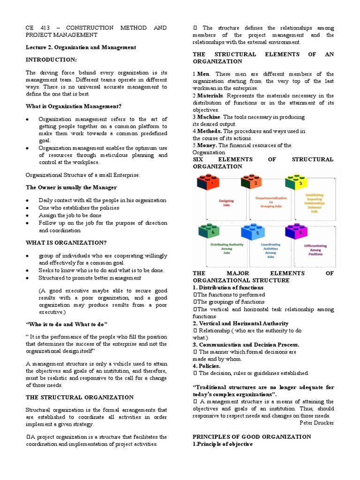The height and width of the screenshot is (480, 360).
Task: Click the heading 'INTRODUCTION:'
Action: [x=51, y=60]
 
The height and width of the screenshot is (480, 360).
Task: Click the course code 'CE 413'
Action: [x=36, y=28]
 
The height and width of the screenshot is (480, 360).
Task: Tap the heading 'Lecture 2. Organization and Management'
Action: [x=81, y=47]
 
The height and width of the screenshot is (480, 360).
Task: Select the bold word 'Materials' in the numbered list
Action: [x=210, y=96]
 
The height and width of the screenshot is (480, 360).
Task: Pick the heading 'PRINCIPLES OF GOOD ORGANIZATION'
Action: [x=252, y=436]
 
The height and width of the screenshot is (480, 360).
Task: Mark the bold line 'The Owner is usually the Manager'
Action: [x=71, y=187]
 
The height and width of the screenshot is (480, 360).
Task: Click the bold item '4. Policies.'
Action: [x=207, y=366]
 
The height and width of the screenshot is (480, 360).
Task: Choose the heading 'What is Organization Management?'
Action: [x=73, y=106]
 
